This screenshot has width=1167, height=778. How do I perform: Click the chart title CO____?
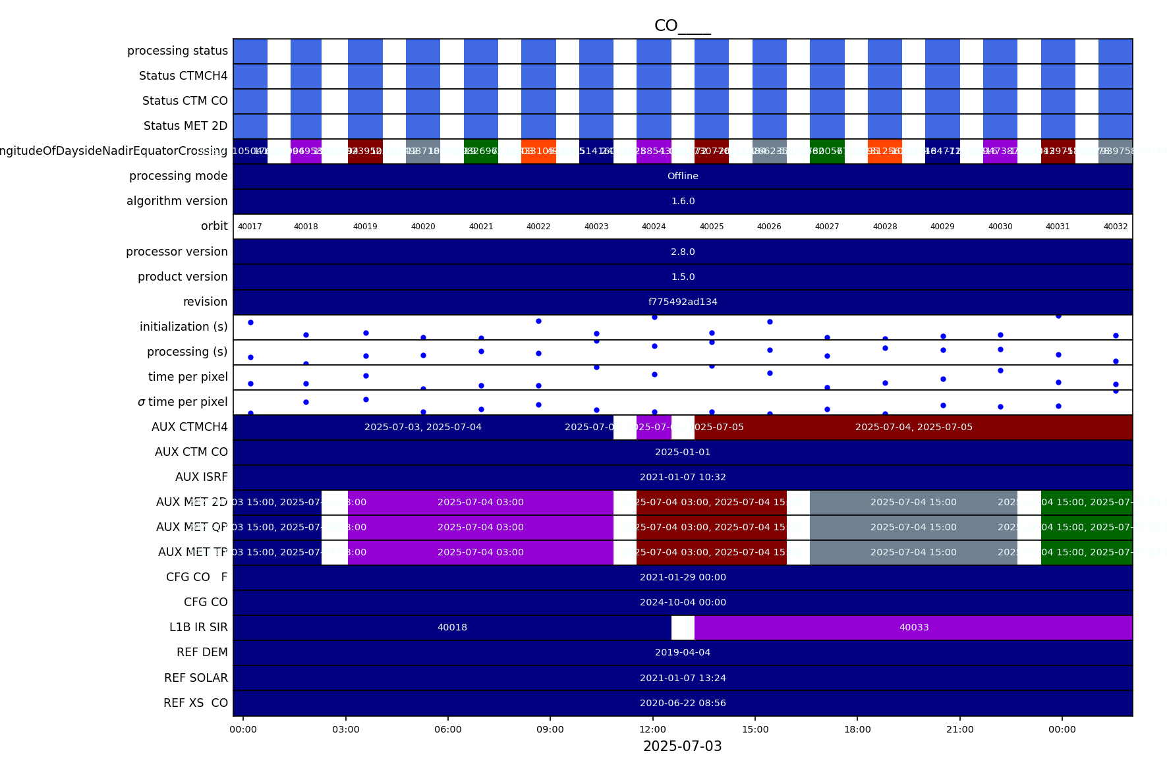[x=682, y=26]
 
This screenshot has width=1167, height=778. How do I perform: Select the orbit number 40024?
[x=654, y=227]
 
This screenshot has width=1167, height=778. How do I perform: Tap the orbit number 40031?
[x=1058, y=227]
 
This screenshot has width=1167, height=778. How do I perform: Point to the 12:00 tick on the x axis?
[x=652, y=729]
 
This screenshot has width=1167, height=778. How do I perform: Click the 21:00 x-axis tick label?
[x=959, y=729]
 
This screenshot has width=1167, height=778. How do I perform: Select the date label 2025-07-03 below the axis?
[x=682, y=746]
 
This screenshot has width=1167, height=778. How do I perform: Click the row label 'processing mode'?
[x=178, y=176]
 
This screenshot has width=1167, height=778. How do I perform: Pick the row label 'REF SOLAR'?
[x=196, y=678]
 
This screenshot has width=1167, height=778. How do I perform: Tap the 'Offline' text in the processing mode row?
[x=683, y=176]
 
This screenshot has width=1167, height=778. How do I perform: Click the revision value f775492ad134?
[x=683, y=302]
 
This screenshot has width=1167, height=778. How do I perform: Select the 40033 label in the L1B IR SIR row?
[x=914, y=627]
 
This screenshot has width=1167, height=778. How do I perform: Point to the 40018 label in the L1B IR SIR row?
[x=452, y=627]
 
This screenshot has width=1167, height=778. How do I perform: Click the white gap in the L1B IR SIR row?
[x=683, y=627]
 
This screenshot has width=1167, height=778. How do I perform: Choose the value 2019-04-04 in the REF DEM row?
[x=683, y=652]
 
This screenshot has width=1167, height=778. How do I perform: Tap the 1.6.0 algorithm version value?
[x=683, y=201]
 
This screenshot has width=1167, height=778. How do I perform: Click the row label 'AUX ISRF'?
[x=201, y=477]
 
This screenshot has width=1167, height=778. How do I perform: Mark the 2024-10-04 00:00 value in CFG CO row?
[x=683, y=602]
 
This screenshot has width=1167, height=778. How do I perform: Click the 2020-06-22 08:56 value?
[x=683, y=703]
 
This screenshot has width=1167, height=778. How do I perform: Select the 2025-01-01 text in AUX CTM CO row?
[x=683, y=452]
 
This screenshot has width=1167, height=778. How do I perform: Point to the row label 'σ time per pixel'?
[x=183, y=402]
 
